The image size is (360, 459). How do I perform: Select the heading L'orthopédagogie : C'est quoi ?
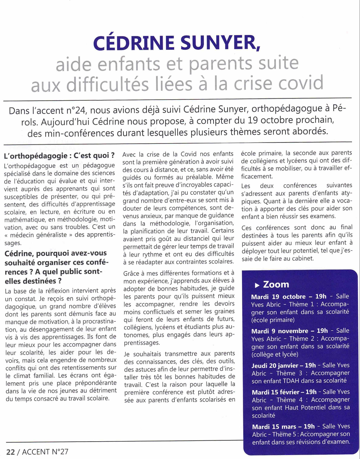click(59, 156)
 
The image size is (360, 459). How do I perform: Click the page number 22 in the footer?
click(11, 452)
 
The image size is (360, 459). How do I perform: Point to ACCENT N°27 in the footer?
click(45, 452)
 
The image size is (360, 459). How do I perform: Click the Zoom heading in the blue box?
click(276, 284)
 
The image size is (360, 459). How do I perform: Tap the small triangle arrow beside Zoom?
click(257, 285)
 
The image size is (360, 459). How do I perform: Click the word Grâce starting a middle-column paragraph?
click(131, 273)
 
